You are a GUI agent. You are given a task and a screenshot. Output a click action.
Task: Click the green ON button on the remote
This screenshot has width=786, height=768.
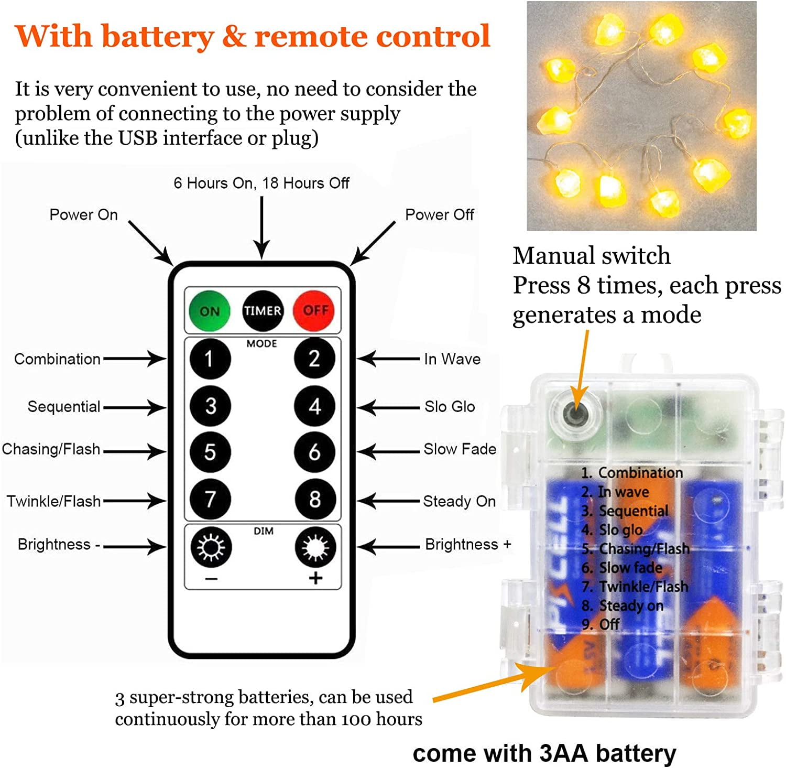point(210,311)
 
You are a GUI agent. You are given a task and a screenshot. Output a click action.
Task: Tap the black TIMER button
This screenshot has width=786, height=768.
point(263,311)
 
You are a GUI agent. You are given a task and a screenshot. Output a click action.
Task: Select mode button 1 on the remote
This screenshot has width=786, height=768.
point(210,359)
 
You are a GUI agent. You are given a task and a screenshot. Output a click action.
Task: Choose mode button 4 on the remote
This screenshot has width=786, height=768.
point(314,406)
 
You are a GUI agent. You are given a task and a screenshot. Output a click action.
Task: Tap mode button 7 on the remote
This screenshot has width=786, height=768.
point(210,499)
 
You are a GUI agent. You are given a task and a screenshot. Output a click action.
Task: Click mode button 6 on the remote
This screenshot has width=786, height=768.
point(314,452)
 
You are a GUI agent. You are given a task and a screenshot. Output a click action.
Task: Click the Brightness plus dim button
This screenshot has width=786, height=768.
point(315,548)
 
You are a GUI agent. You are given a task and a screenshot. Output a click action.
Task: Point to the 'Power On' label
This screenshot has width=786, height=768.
point(83,215)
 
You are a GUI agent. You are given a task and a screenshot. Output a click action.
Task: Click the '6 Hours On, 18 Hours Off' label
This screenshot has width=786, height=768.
point(261,183)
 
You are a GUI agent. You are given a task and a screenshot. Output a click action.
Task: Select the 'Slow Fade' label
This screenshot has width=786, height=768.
point(460,449)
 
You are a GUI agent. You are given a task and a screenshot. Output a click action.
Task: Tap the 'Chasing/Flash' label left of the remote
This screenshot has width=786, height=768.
point(51,449)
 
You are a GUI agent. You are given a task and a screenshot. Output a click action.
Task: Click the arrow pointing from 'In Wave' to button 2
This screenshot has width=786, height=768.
point(388,359)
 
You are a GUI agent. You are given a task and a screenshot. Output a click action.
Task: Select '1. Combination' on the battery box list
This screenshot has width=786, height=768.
point(632,473)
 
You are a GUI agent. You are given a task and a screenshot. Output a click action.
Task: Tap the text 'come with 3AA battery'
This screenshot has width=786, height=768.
point(544,753)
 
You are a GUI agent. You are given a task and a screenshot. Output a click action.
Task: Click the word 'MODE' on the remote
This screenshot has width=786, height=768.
point(261,343)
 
